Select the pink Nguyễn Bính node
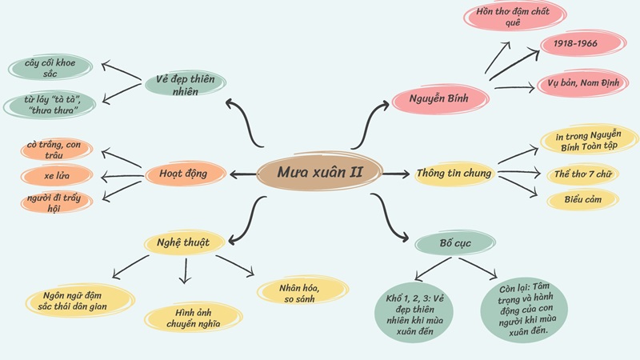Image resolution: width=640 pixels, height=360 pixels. (441, 100)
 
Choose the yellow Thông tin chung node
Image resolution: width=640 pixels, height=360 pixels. (455, 174)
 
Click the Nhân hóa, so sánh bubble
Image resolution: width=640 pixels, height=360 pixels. (302, 292)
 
